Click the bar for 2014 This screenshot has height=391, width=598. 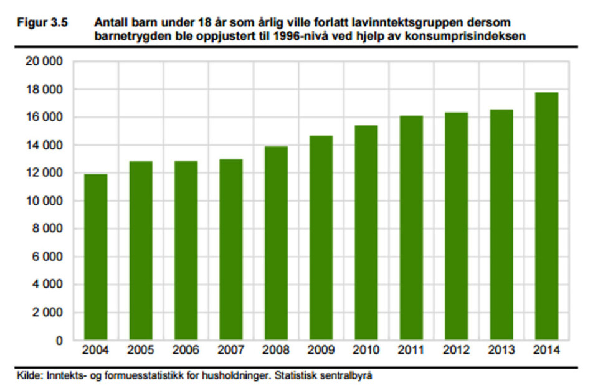pyautogui.click(x=546, y=216)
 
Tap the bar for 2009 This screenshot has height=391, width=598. pyautogui.click(x=321, y=238)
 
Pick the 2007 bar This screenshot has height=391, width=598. pyautogui.click(x=230, y=250)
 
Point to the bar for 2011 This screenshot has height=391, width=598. pyautogui.click(x=411, y=228)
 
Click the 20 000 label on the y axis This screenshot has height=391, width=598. pyautogui.click(x=44, y=62)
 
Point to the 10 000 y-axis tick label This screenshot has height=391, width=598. pyautogui.click(x=44, y=201)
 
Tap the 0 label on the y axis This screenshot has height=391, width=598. pyautogui.click(x=59, y=341)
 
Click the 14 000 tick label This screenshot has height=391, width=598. pyautogui.click(x=44, y=146)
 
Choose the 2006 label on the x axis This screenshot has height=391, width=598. pyautogui.click(x=186, y=351)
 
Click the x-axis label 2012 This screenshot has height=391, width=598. pyautogui.click(x=457, y=351)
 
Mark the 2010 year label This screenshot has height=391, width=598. pyautogui.click(x=366, y=351)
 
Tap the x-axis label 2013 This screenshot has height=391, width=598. pyautogui.click(x=502, y=351)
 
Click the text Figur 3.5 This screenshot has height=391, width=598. pyautogui.click(x=41, y=22)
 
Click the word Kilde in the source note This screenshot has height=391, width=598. pyautogui.click(x=29, y=375)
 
